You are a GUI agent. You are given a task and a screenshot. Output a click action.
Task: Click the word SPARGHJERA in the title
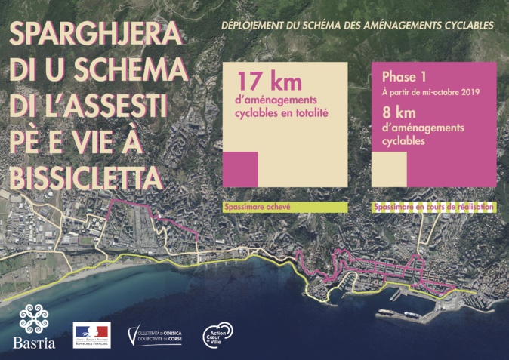95,34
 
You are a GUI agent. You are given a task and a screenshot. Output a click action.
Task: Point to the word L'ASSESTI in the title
113,106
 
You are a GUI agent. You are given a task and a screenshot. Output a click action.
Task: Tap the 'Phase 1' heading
404,77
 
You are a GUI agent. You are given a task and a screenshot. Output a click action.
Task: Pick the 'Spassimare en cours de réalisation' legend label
433,206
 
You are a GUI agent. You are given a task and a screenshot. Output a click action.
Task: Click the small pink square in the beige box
241,168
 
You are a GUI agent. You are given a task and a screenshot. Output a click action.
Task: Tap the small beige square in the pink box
389,168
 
